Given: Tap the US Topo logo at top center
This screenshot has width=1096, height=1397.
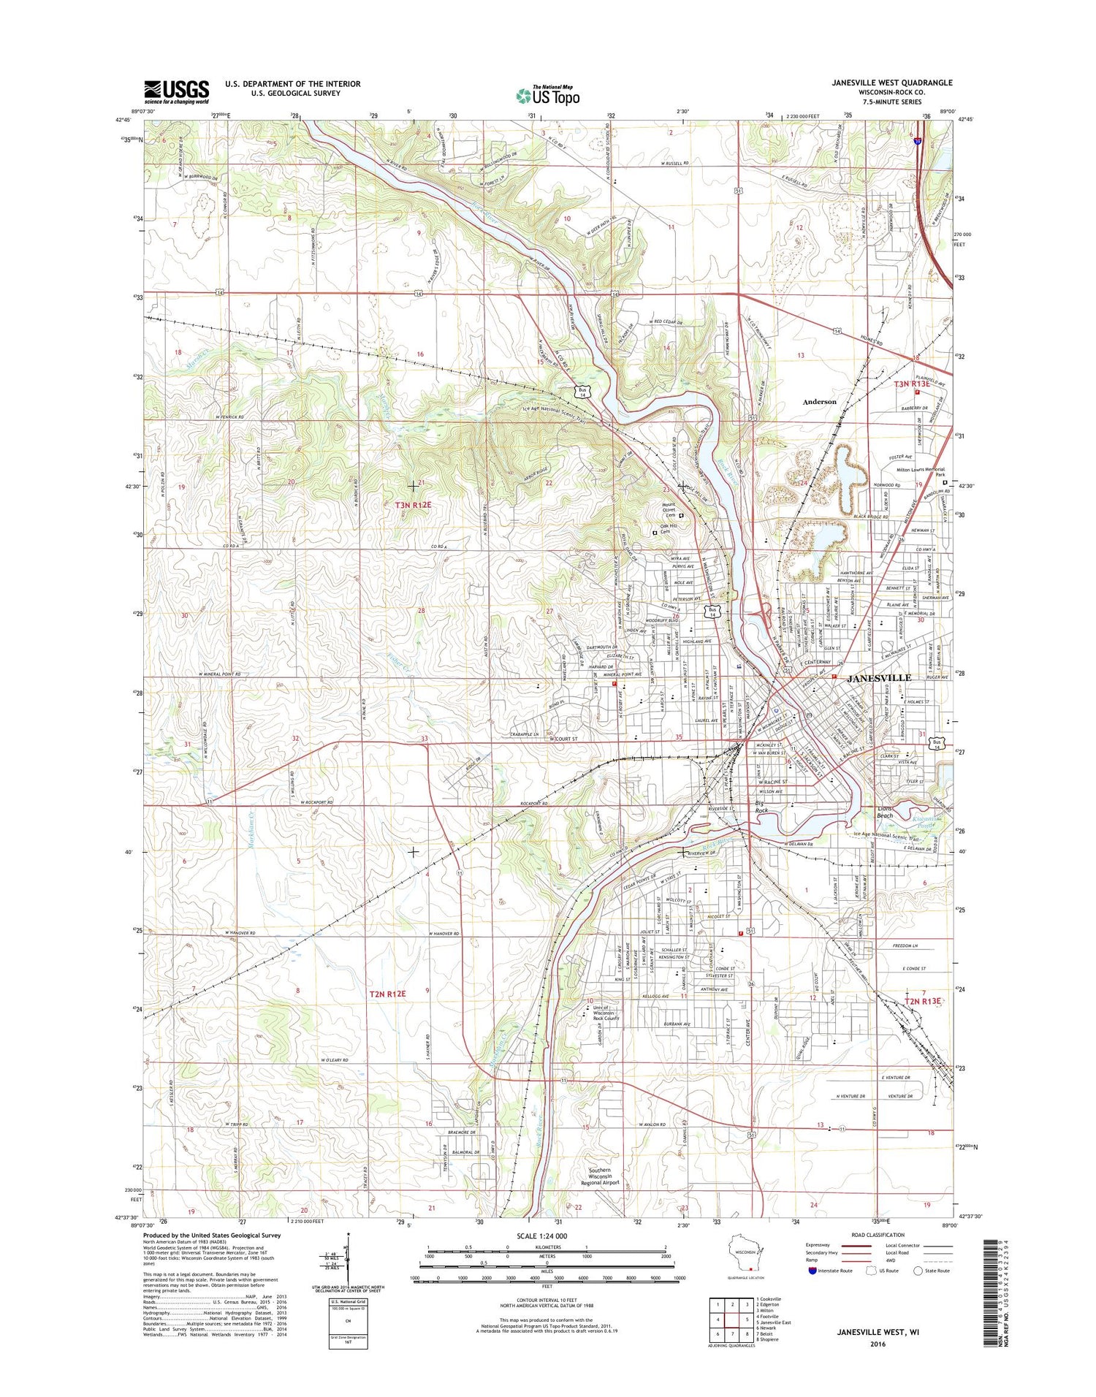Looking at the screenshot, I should (x=548, y=95).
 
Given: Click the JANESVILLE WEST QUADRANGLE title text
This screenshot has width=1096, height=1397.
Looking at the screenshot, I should (x=891, y=83).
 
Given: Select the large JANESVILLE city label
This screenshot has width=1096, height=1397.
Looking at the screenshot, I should (x=879, y=678).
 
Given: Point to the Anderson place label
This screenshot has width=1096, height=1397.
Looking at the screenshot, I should (x=819, y=402).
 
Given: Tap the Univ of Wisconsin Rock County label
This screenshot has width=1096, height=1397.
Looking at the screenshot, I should (x=604, y=1013).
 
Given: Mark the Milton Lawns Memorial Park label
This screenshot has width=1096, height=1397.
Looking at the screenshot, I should (x=916, y=472).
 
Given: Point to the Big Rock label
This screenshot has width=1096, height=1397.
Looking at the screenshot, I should (x=761, y=807).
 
